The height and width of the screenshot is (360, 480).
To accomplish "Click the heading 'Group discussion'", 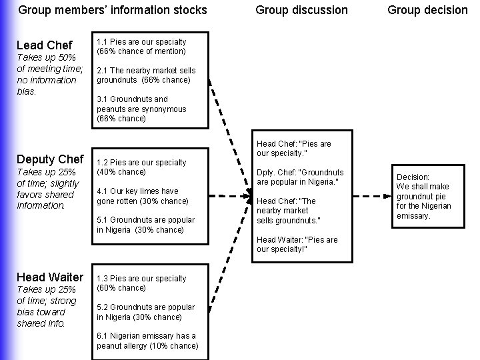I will click(x=301, y=10).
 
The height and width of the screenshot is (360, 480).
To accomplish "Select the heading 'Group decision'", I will click(x=427, y=10).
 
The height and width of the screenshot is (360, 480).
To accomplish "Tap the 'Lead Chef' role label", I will click(x=44, y=45).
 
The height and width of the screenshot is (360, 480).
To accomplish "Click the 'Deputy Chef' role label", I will click(x=50, y=159).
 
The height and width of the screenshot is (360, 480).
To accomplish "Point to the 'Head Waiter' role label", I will click(x=50, y=277).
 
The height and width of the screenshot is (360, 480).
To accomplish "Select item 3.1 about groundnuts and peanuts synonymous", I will click(x=141, y=109).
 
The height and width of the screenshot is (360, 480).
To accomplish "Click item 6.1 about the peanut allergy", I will click(x=147, y=341).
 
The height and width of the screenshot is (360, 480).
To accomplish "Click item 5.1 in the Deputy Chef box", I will click(x=145, y=225).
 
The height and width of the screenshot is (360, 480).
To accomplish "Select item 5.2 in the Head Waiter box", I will click(x=145, y=312).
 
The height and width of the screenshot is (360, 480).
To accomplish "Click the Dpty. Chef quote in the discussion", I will click(x=300, y=177).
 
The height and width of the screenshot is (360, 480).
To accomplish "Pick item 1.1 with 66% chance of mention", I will click(x=141, y=46).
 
